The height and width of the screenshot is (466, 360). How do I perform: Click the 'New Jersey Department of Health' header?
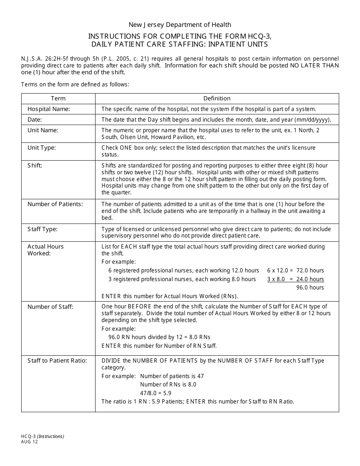point(180,25)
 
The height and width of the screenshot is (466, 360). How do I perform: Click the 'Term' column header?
point(58,99)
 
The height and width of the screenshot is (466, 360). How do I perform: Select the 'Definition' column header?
point(217,99)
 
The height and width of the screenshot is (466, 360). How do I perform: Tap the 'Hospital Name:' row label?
point(49,109)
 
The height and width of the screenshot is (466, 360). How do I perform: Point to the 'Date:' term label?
point(34,120)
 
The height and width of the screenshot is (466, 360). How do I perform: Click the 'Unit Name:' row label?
point(43,130)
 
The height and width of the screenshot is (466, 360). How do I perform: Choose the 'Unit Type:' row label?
point(42,148)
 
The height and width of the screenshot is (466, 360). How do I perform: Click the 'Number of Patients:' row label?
point(55,204)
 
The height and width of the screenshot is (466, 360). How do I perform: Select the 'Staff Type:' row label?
point(42,229)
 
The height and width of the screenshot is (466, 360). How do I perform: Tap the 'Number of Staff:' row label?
point(50,307)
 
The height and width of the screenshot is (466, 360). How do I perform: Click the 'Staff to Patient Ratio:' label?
point(57,361)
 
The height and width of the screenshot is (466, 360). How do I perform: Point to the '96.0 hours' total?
point(310,288)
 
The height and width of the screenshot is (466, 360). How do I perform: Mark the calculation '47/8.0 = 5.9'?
point(156,393)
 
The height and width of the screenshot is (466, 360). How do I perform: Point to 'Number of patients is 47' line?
point(172,376)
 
